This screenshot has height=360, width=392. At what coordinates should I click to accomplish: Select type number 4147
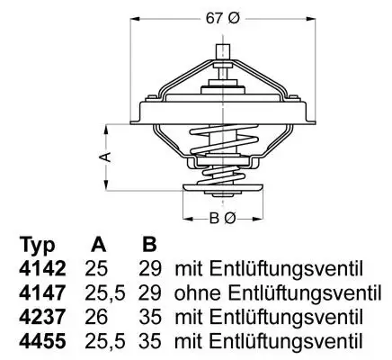pyautogui.click(x=41, y=293)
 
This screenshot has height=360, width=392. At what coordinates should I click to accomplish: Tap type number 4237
pyautogui.click(x=41, y=317)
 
